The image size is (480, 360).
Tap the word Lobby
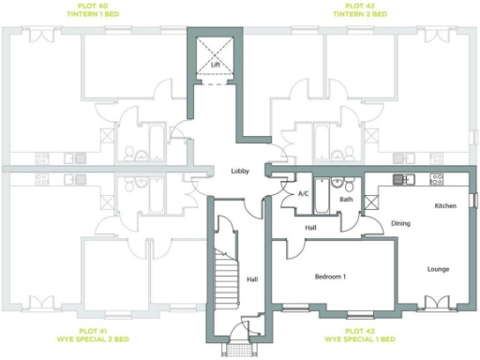pos(238,171)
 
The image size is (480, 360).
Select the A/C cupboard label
pos(303,194)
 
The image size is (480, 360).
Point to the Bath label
pos(346,199)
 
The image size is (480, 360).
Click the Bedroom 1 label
pos(330,277)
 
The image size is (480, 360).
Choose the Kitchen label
pos(445,204)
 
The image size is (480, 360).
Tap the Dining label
pos(401,223)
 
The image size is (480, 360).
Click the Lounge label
pos(439,269)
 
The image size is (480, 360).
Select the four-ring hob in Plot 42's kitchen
pos(436,178)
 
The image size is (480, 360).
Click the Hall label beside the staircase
pos(252,278)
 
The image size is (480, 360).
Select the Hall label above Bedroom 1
pos(310,228)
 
